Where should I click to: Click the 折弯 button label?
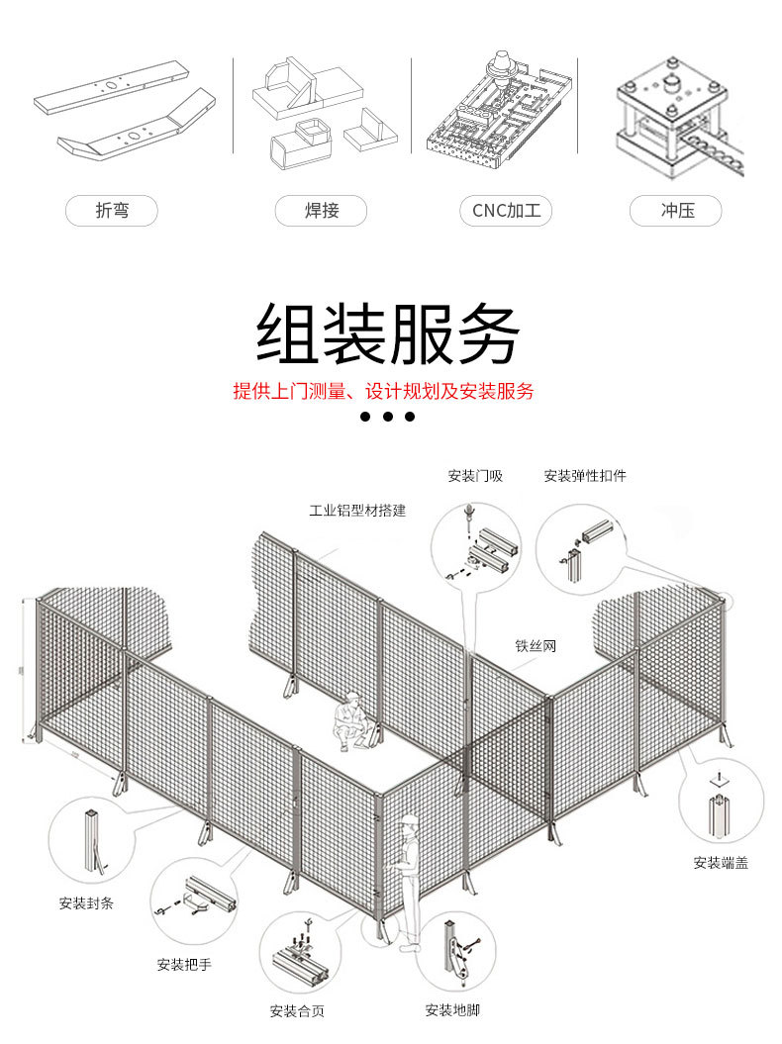(x=112, y=211)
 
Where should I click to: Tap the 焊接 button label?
(x=321, y=211)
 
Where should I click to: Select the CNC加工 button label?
(x=506, y=211)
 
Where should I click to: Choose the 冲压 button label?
(x=677, y=211)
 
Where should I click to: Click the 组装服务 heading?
(x=388, y=333)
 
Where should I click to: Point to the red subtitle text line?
(x=383, y=391)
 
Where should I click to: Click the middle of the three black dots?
(x=387, y=417)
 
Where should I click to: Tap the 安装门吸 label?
(x=475, y=476)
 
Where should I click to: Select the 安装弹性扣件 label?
(x=585, y=476)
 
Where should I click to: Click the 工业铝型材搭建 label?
(x=357, y=511)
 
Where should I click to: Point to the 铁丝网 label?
(x=535, y=646)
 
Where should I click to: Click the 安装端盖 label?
(x=721, y=863)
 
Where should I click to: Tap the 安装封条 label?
(x=86, y=902)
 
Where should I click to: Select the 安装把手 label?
(x=184, y=964)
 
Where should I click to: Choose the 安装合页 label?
(x=297, y=1011)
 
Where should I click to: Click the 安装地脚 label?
(x=452, y=1010)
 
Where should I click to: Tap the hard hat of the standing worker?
(x=409, y=820)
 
